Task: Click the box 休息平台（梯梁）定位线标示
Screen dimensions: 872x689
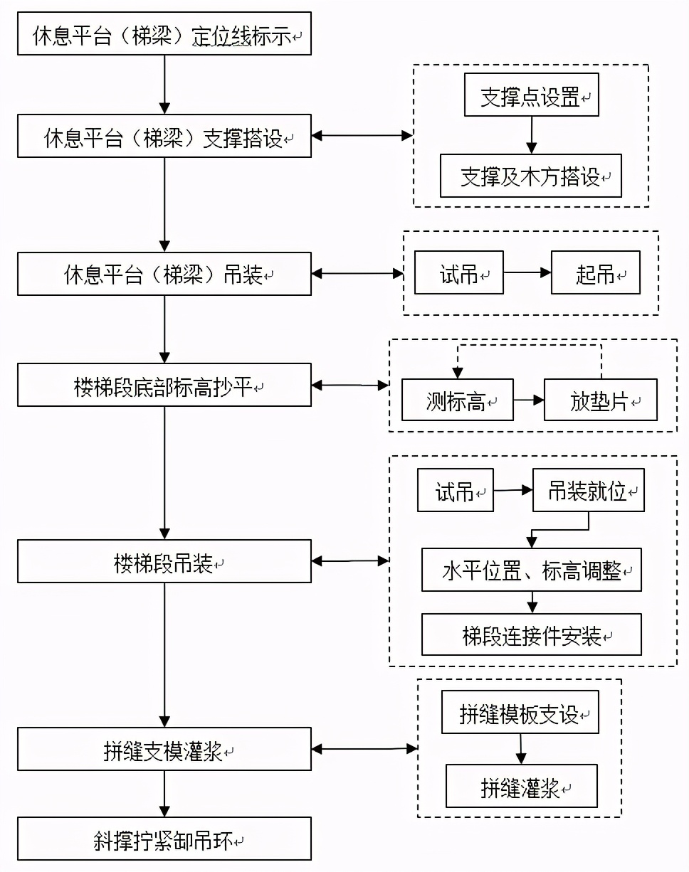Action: (x=164, y=33)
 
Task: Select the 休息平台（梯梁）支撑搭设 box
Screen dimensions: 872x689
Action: (x=164, y=136)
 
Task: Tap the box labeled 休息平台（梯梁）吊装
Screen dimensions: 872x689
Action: (x=164, y=274)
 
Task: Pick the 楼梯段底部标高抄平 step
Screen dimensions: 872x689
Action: (x=164, y=385)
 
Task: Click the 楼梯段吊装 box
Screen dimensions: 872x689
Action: (x=164, y=561)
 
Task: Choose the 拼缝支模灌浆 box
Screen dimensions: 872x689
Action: (x=164, y=749)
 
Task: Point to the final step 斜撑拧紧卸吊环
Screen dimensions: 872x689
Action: (x=164, y=839)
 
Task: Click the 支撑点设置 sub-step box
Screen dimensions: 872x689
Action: (x=531, y=96)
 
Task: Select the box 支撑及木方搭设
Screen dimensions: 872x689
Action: (x=531, y=176)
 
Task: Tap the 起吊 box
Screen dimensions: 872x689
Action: (x=595, y=272)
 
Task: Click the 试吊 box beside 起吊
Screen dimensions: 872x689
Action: (x=459, y=272)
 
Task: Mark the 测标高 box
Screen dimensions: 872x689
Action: (x=457, y=400)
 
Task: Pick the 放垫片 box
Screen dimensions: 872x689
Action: (x=601, y=400)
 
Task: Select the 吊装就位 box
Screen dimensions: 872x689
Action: (x=588, y=490)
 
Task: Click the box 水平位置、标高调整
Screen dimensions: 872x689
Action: (x=531, y=570)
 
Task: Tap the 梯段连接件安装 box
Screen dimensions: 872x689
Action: (x=531, y=634)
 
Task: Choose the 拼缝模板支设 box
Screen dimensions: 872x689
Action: (x=520, y=712)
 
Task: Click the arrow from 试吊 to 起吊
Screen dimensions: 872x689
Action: (x=527, y=272)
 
